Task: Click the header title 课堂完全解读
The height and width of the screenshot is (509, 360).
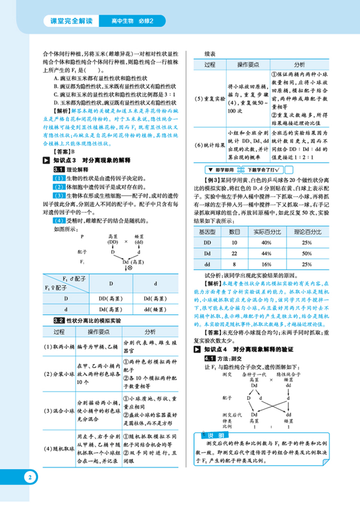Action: [71, 21]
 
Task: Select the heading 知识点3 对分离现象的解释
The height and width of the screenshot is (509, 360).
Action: [92, 160]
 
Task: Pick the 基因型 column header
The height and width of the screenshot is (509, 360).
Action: [207, 232]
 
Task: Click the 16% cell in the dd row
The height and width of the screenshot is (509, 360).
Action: [264, 264]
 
